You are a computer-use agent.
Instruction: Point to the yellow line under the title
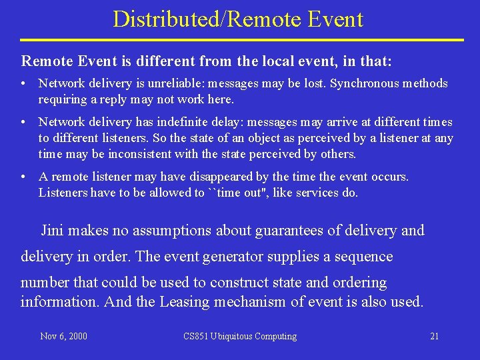(240, 40)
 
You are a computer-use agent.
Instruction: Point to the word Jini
(53, 231)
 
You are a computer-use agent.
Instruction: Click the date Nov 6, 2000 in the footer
(63, 336)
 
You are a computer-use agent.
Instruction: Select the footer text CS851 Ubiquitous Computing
(240, 336)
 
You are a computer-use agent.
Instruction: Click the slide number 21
(434, 336)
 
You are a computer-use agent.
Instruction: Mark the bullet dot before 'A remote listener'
(23, 177)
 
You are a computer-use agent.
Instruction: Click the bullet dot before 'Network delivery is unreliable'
(23, 84)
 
